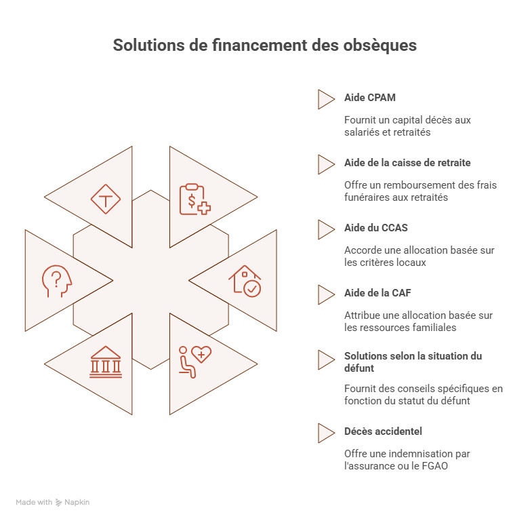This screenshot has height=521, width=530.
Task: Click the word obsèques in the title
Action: point(380,45)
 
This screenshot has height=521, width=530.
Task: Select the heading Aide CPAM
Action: point(369,98)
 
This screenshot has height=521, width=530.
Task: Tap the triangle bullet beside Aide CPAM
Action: point(326,99)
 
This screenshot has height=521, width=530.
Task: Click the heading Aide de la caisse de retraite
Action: point(407,163)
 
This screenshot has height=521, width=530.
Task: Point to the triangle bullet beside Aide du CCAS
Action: point(326,229)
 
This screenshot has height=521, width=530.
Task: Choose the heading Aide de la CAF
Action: point(378,293)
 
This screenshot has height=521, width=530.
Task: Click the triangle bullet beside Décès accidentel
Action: point(326,432)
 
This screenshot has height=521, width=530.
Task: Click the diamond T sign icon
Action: point(106,199)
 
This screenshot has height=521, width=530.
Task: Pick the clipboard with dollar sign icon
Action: point(195,199)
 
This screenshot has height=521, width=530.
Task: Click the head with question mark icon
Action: point(57,280)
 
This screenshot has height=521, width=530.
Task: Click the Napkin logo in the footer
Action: point(73,503)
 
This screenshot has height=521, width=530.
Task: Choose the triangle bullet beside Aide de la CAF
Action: point(326,294)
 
